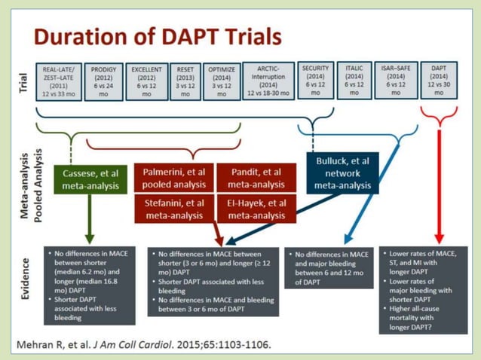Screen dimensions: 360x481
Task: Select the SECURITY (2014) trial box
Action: click(315, 79)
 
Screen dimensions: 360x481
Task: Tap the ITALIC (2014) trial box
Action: click(354, 79)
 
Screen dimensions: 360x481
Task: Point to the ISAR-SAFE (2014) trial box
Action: click(397, 79)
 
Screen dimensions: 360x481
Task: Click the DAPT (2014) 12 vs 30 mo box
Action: click(438, 79)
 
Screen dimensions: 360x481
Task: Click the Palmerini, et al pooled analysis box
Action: click(173, 177)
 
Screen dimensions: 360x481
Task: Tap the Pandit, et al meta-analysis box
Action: click(256, 177)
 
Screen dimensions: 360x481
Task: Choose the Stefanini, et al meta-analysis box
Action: click(173, 209)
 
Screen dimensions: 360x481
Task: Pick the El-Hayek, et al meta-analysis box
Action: click(256, 209)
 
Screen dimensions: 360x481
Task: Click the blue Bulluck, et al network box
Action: click(342, 172)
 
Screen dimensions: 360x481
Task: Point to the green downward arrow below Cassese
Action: click(90, 218)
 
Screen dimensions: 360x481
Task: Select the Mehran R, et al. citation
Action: click(144, 345)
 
